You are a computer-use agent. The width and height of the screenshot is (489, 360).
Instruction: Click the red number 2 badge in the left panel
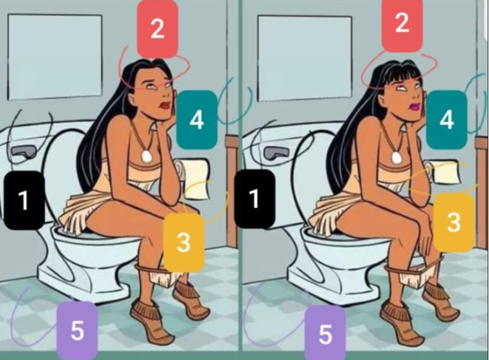[158, 29]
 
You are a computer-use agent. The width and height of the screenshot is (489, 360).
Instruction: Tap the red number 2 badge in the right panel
[402, 24]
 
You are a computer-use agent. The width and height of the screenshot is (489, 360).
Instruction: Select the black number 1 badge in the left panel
[24, 200]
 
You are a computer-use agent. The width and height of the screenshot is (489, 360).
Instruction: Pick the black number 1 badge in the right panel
[255, 199]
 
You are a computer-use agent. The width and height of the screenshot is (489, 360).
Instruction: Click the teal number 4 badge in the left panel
[197, 120]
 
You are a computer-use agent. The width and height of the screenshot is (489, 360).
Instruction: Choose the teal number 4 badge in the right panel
[447, 120]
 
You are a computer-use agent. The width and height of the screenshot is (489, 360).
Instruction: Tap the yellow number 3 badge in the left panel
[184, 243]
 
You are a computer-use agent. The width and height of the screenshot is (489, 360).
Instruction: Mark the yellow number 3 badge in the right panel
[453, 223]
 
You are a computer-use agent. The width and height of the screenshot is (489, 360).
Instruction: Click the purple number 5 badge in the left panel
[77, 331]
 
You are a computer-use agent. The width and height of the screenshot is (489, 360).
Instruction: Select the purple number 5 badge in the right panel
[326, 333]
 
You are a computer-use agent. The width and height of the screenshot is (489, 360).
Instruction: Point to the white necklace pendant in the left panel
[146, 156]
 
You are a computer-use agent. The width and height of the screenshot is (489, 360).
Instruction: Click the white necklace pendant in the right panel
[397, 158]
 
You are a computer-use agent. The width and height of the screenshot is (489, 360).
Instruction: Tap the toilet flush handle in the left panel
[23, 152]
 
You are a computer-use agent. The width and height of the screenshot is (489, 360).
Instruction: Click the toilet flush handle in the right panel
[276, 152]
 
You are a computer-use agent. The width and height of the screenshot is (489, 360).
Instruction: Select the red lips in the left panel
[165, 105]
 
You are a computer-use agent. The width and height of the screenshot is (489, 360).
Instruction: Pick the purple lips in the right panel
[415, 107]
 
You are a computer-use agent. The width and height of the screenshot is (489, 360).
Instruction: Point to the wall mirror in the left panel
[55, 57]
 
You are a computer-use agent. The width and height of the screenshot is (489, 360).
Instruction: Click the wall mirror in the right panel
[305, 58]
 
